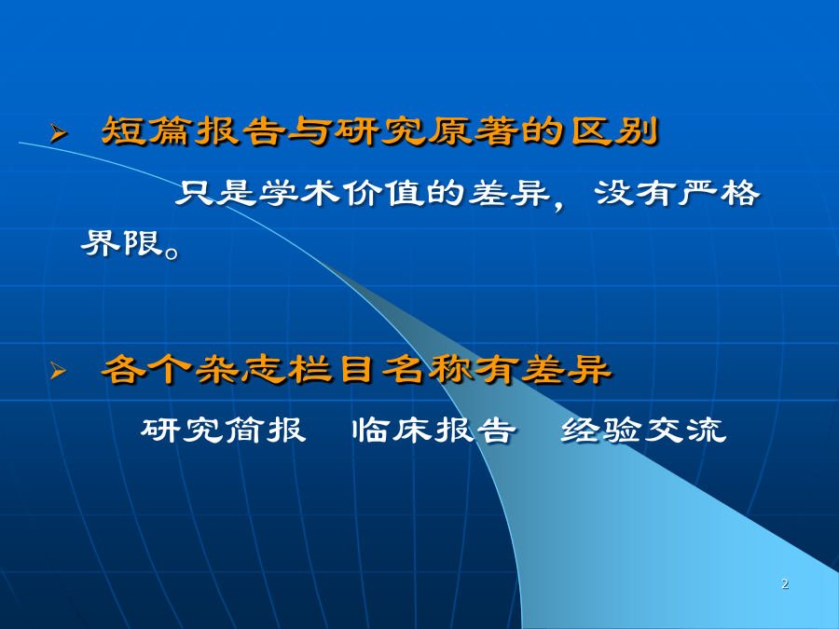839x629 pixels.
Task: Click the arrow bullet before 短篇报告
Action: point(59,133)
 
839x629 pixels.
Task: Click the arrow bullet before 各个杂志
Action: point(59,370)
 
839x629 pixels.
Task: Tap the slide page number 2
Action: point(784,583)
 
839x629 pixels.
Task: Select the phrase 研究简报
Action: point(223,430)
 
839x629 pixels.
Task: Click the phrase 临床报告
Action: point(433,430)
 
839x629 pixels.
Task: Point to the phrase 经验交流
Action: point(643,430)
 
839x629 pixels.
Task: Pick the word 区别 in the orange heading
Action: point(613,131)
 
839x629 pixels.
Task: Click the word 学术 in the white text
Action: point(299,193)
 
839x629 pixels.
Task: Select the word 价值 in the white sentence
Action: point(383,193)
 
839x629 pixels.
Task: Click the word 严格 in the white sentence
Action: point(719,193)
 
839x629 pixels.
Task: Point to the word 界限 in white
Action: point(122,243)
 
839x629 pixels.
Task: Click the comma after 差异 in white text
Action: point(559,205)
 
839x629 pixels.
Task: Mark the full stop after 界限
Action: point(172,252)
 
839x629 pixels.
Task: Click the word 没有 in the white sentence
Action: point(634,193)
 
